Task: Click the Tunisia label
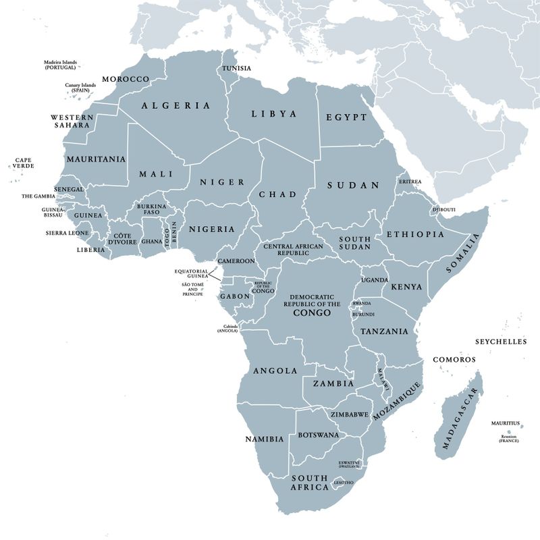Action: pyautogui.click(x=236, y=68)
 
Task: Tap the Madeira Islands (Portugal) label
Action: pyautogui.click(x=60, y=64)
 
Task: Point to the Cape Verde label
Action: pyautogui.click(x=23, y=164)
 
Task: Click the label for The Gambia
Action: pyautogui.click(x=38, y=196)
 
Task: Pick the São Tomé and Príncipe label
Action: pyautogui.click(x=192, y=290)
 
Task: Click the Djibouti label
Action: pyautogui.click(x=444, y=210)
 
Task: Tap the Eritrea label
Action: pyautogui.click(x=410, y=182)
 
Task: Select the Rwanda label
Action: pyautogui.click(x=361, y=303)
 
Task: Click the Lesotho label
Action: pyautogui.click(x=344, y=483)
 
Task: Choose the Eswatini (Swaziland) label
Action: pyautogui.click(x=349, y=464)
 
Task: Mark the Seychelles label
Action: pyautogui.click(x=500, y=342)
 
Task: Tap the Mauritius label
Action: pyautogui.click(x=506, y=423)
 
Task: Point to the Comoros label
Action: pyautogui.click(x=454, y=359)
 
